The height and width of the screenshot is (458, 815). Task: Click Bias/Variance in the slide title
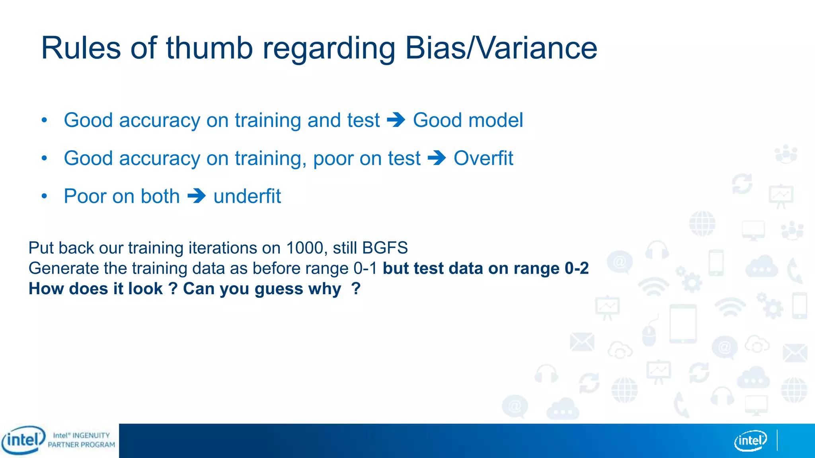501,48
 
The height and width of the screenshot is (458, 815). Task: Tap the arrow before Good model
396,120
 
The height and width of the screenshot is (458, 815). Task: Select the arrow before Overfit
437,158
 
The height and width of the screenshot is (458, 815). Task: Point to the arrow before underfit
196,196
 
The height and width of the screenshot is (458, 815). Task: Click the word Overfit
483,158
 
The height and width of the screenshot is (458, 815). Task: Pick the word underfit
247,196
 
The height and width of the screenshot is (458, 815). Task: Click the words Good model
468,120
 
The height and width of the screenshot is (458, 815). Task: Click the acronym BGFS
385,248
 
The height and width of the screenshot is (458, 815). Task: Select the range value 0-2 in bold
577,268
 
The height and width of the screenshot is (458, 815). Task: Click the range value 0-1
365,268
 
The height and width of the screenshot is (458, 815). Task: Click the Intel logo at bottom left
23,440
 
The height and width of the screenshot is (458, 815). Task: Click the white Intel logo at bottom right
750,441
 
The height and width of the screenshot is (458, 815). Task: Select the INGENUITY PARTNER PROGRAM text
82,440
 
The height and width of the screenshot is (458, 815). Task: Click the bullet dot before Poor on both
44,196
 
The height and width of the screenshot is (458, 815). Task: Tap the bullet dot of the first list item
44,120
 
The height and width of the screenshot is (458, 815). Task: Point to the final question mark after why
356,288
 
